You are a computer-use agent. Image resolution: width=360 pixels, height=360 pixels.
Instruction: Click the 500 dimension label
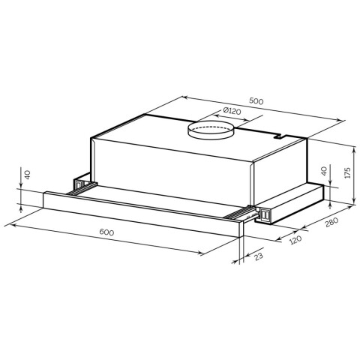(x=256, y=101)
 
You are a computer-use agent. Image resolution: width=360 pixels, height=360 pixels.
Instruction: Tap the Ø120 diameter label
(x=232, y=110)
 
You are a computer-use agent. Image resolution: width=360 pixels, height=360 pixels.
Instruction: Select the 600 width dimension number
(x=106, y=232)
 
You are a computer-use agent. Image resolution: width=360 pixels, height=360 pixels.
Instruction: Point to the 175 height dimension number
(x=348, y=172)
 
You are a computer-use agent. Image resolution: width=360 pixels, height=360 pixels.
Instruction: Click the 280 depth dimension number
(x=331, y=222)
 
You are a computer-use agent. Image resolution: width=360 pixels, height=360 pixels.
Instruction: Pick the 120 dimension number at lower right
(x=295, y=240)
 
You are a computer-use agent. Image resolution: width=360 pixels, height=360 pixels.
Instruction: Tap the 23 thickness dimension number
(x=258, y=256)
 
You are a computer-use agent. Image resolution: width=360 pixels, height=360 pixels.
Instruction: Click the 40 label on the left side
(x=28, y=175)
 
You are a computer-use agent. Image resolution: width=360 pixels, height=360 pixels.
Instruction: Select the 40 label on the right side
(x=324, y=171)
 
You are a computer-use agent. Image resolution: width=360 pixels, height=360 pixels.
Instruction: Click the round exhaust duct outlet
(x=211, y=130)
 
